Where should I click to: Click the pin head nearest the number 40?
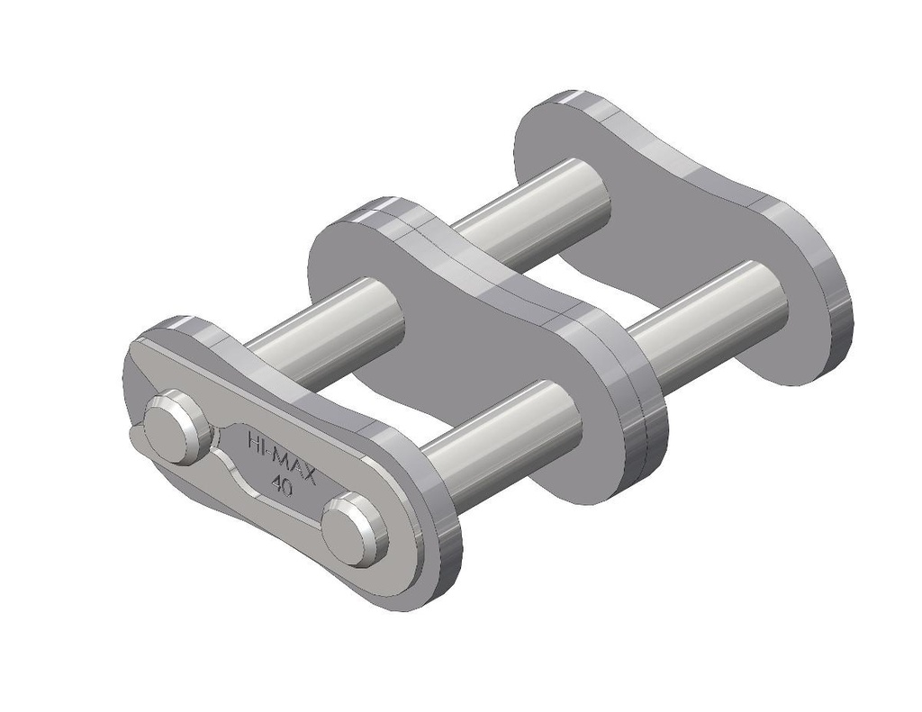tap(353, 529)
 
